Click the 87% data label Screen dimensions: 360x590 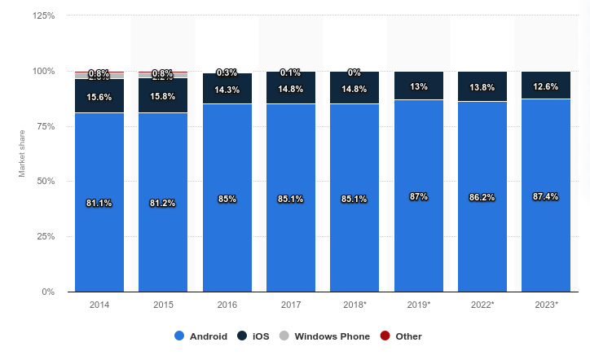(x=419, y=196)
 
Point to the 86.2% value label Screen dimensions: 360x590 (x=482, y=197)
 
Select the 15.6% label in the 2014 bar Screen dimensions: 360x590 (x=99, y=97)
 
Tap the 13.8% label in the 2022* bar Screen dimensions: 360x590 (x=482, y=86)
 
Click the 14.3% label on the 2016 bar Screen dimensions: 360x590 (x=227, y=90)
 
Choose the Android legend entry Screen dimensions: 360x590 (x=202, y=336)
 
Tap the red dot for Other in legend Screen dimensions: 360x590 (x=385, y=336)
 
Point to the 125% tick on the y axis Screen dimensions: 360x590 (x=43, y=15)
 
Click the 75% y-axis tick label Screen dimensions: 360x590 (x=46, y=126)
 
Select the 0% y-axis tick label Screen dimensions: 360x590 (x=48, y=292)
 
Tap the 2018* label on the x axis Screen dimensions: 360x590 (x=354, y=305)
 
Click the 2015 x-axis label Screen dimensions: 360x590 (x=163, y=305)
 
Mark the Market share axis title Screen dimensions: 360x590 (x=23, y=154)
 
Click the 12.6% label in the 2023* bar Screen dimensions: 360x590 (x=546, y=86)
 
